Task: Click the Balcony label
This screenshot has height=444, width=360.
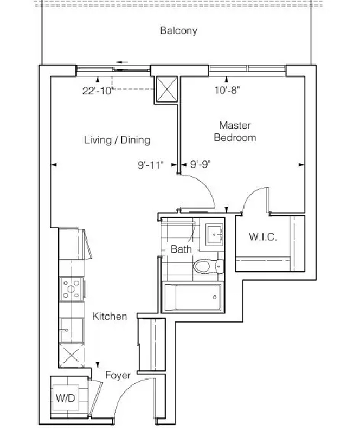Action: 178,31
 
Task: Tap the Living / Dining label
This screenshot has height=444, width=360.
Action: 117,140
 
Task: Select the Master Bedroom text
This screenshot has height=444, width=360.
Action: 235,131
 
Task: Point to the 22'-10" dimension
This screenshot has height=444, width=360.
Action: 98,91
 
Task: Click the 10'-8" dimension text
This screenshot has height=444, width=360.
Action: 227,90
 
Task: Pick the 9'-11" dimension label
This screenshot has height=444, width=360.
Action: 151,165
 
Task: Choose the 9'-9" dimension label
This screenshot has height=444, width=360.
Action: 200,164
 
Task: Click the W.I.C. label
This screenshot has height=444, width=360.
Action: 262,237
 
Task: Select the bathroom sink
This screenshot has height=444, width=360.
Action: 214,234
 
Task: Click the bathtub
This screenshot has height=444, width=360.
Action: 193,297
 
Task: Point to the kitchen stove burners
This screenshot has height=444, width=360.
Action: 71,289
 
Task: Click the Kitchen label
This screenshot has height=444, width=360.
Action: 109,316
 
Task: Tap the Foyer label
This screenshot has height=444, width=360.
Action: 117,375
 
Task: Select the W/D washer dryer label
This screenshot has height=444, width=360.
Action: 66,398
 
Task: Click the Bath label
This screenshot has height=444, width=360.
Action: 181,249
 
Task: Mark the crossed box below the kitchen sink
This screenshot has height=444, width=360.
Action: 71,355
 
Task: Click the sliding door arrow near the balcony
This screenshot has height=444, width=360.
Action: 122,62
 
